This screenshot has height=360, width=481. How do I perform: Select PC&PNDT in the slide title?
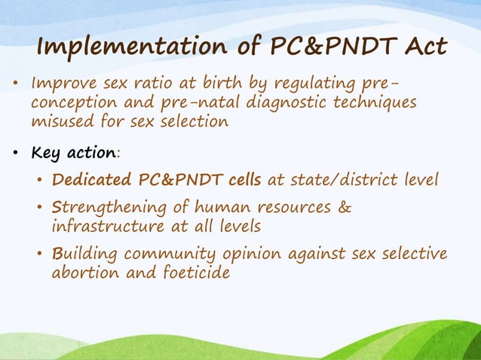click(x=322, y=47)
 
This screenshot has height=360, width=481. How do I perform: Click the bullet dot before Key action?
click(x=16, y=154)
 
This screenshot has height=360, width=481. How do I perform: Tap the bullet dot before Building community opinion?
click(x=40, y=255)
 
